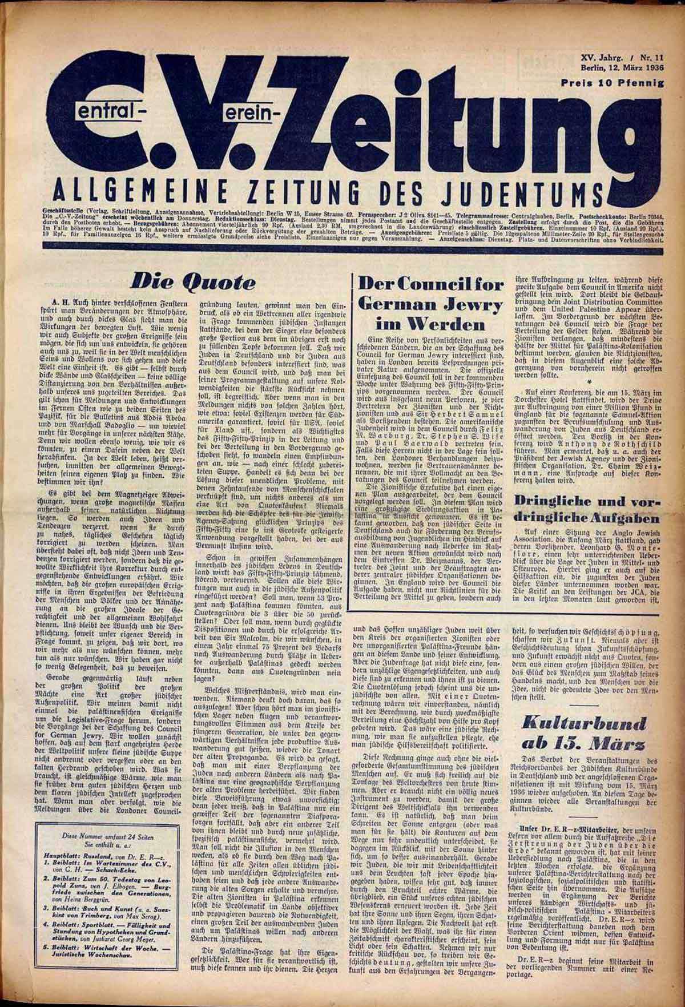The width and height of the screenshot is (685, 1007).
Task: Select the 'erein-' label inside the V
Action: [x=249, y=113]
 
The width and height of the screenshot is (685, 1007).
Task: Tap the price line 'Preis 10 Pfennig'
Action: [x=613, y=83]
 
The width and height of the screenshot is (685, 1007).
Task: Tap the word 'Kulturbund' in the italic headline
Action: [x=588, y=722]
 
